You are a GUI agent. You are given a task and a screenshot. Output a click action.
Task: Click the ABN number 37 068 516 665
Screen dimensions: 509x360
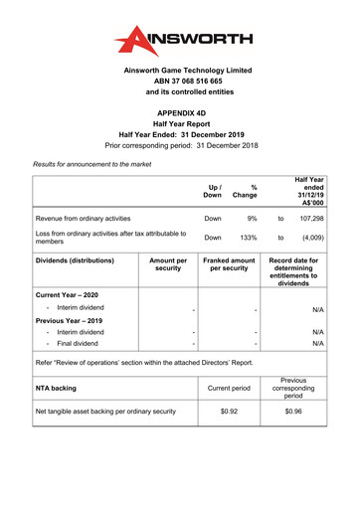click(180, 85)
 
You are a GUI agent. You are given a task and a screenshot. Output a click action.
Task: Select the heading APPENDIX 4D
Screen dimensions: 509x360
click(180, 115)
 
